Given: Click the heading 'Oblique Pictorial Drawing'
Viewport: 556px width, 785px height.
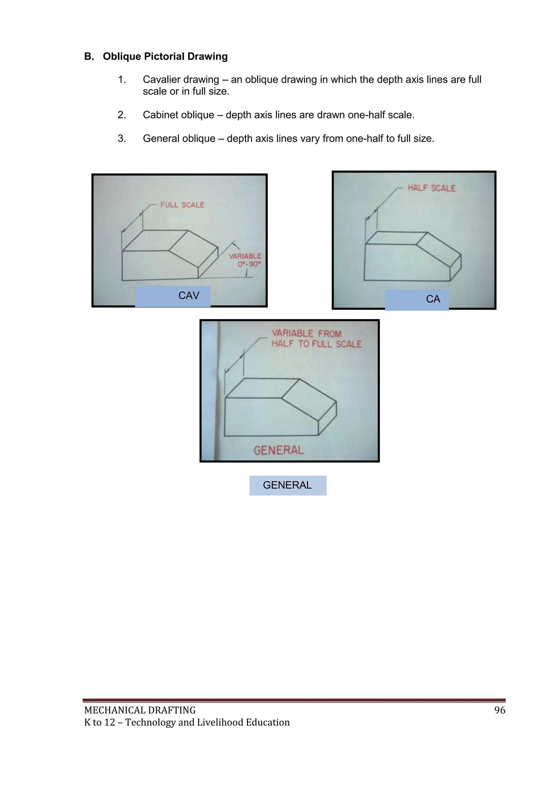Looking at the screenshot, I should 165,56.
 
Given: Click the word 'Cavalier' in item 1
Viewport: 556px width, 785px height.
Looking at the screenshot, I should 161,80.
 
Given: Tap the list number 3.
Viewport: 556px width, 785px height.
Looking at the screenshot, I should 122,139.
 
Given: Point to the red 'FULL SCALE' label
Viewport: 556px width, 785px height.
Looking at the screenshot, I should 182,205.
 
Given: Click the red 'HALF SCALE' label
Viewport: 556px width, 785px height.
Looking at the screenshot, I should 431,188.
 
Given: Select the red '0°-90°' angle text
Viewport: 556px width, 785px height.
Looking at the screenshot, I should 249,264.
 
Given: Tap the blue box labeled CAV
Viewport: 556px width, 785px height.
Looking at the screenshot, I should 173,296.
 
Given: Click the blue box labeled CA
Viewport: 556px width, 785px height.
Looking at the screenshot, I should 417,300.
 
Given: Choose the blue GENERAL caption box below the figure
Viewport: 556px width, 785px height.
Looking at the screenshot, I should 288,485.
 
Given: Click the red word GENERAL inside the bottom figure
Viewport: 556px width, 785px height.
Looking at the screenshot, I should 279,450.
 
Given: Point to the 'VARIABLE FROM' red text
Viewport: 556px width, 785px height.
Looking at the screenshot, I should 307,333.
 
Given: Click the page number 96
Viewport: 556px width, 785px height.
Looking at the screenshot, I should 500,710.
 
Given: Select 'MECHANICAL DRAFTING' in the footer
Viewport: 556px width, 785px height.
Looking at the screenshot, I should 140,710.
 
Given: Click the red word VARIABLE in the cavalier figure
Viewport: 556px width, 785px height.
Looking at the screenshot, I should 245,256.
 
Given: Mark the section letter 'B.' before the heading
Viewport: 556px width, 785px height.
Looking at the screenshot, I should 89,56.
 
